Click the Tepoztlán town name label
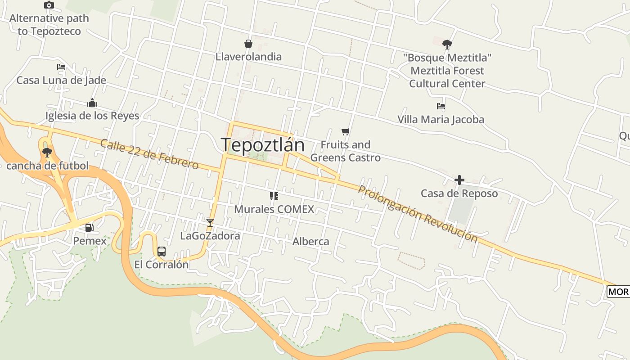point(262,145)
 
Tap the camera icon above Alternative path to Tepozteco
point(49,5)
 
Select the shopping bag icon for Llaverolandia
point(248,44)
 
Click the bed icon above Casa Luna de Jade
point(61,67)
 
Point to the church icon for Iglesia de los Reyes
point(92,103)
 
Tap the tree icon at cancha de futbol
point(47,152)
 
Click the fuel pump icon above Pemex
point(90,228)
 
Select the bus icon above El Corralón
point(162,252)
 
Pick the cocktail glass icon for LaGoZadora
point(210,222)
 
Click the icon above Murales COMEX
point(274,196)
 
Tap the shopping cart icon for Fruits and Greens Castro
point(345,132)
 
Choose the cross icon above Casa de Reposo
point(459,180)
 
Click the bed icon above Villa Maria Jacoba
point(441,107)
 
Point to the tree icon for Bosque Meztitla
point(447,45)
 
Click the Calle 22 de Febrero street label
point(149,154)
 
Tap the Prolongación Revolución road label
point(417,214)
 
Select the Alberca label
point(310,242)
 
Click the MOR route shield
point(618,292)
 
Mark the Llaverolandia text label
point(248,57)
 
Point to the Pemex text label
point(90,241)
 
